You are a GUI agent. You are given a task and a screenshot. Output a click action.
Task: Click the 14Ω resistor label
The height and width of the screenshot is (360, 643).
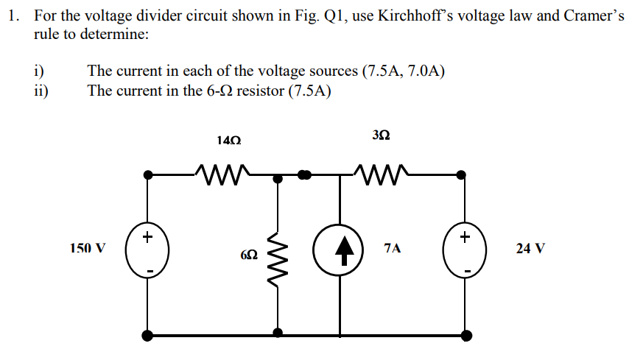coord(229,139)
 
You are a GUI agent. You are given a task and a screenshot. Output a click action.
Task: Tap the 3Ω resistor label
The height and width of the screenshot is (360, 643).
coord(382,135)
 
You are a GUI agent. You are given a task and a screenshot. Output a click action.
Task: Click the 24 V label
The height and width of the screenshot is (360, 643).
coord(530,248)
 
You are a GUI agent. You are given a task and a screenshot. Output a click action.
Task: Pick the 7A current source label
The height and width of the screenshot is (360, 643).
coord(393,248)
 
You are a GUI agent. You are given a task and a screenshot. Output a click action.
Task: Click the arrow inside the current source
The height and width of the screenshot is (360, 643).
coord(340,250)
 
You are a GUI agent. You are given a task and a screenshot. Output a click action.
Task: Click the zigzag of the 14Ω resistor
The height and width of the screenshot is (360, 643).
coord(224,175)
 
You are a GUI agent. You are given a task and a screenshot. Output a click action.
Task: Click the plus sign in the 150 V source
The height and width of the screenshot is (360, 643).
coord(147,236)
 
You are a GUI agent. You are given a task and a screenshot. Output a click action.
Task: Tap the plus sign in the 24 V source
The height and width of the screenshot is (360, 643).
coord(464,236)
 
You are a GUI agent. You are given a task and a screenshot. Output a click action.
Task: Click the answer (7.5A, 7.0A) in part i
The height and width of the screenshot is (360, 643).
coord(403,71)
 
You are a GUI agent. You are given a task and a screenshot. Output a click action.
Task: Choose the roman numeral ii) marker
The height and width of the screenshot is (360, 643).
coord(41,91)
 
